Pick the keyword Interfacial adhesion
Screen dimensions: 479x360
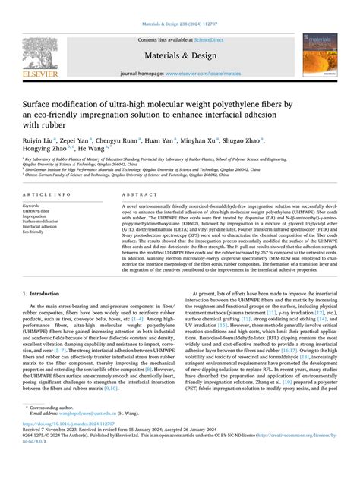44,225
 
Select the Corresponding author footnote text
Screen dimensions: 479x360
57,433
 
